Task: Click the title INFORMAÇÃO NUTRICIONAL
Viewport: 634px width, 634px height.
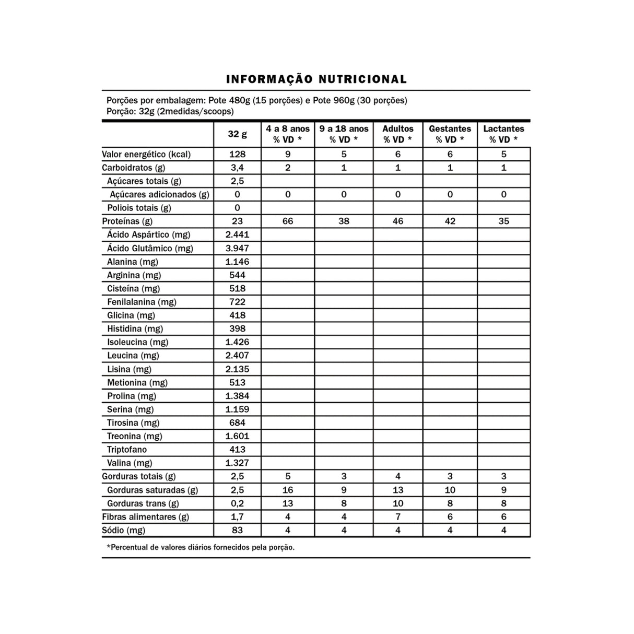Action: [x=316, y=79]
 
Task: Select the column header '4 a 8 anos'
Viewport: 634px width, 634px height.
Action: [x=288, y=129]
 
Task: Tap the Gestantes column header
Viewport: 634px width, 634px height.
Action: [x=450, y=129]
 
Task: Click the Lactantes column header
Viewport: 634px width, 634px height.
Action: [x=503, y=129]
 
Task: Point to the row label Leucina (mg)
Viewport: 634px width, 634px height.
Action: [x=133, y=356]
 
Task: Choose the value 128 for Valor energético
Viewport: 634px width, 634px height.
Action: [x=237, y=155]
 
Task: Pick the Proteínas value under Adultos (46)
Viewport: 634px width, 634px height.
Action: [x=398, y=221]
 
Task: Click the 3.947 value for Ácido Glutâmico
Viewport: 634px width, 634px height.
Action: [x=237, y=249]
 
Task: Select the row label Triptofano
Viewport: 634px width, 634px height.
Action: [x=127, y=450]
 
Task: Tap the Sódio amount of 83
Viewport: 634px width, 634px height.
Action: [x=237, y=531]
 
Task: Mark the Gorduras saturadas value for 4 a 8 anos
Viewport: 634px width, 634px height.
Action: [x=288, y=490]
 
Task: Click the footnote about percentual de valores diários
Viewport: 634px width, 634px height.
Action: [x=201, y=548]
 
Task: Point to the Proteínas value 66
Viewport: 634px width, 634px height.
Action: [x=288, y=221]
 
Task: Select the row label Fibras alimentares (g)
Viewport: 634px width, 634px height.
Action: [x=146, y=517]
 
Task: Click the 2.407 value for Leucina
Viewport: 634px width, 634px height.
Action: [x=237, y=356]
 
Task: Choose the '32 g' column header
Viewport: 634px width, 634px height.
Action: [x=237, y=134]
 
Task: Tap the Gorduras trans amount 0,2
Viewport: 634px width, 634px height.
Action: [x=237, y=504]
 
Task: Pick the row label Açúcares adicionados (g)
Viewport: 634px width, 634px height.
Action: [x=159, y=195]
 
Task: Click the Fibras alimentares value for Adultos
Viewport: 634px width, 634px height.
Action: [x=398, y=517]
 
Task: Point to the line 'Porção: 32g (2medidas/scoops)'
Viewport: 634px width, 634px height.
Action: [x=170, y=112]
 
